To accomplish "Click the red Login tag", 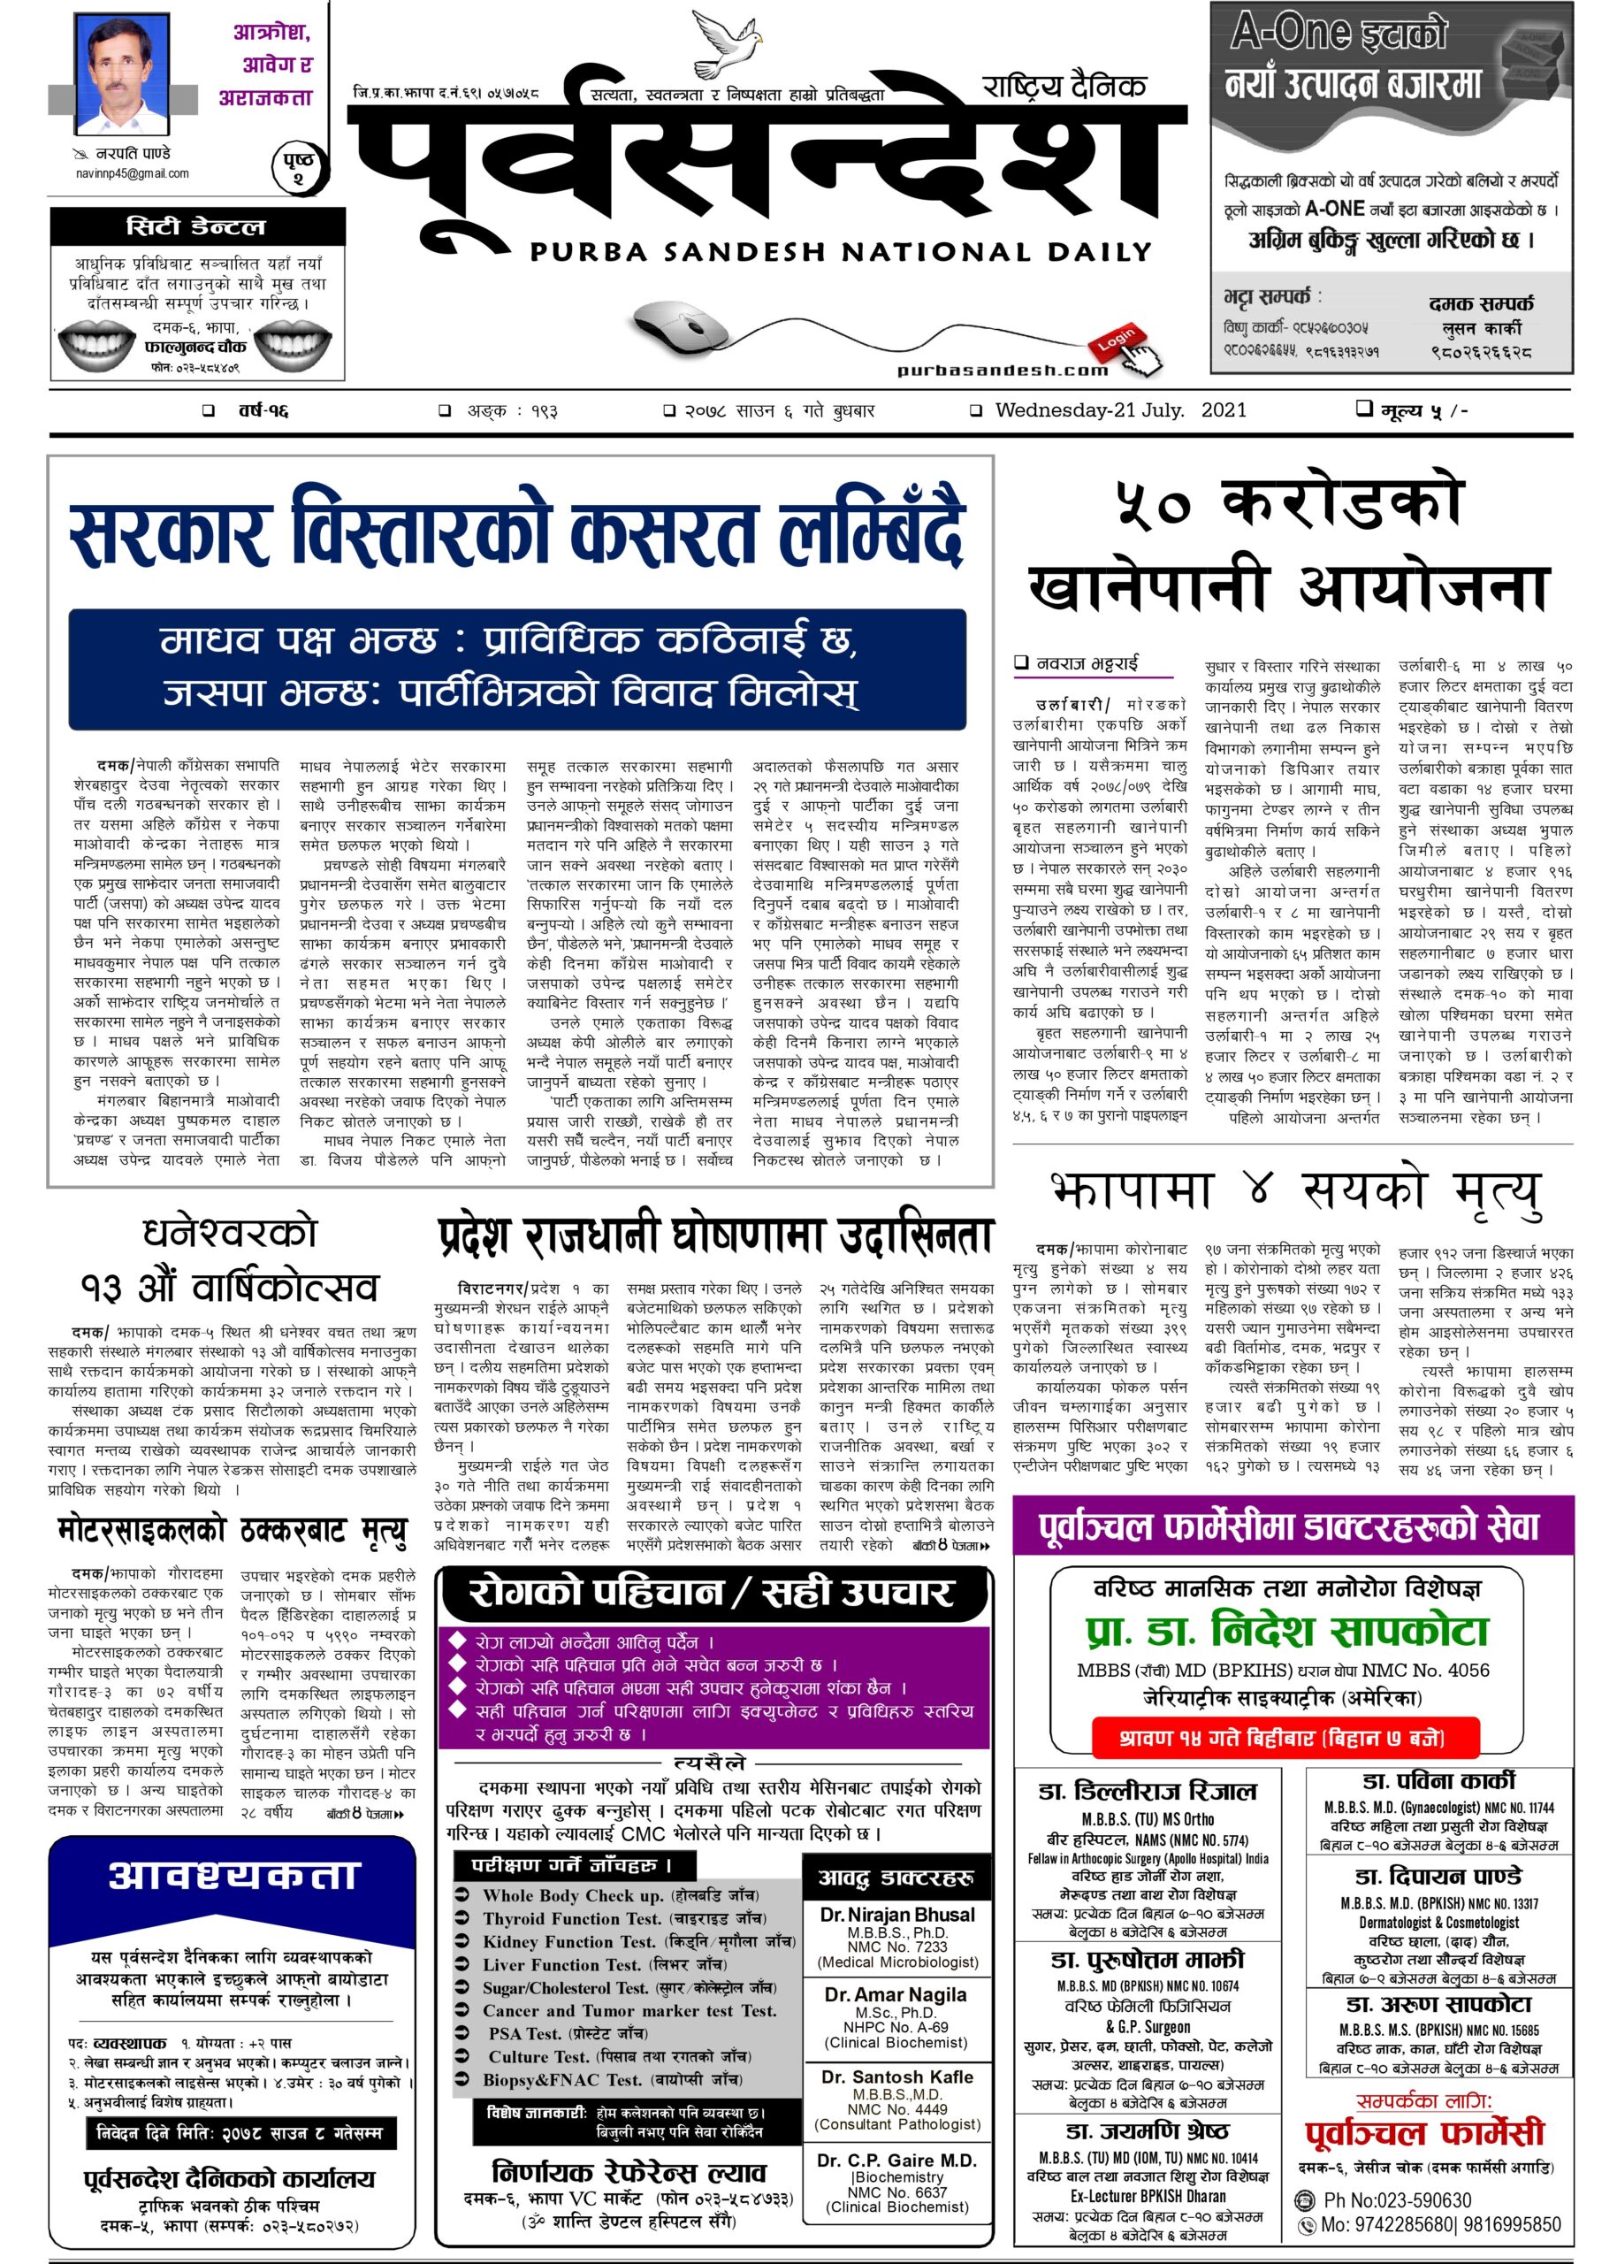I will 1117,340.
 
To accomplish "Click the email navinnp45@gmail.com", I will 133,173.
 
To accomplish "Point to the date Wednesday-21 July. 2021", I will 1119,409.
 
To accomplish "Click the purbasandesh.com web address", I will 1002,371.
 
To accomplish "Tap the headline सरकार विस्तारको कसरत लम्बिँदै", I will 518,535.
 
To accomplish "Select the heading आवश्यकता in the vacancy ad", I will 233,1875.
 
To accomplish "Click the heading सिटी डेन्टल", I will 196,227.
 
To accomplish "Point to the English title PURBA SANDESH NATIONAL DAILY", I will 841,252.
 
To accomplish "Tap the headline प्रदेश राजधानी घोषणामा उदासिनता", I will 715,1236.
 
